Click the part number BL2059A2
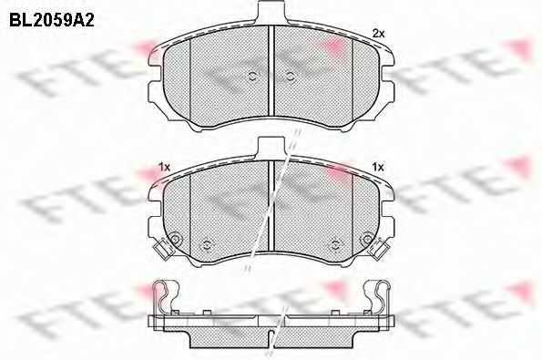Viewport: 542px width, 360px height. [52, 20]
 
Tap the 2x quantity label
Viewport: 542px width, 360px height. [378, 34]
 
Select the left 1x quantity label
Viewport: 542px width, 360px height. [164, 168]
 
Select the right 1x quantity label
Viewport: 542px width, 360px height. [378, 168]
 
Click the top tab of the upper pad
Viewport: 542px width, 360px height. [271, 12]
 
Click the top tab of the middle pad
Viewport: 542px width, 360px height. [271, 148]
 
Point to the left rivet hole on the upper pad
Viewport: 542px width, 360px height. [252, 77]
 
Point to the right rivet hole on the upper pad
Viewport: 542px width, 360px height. [290, 77]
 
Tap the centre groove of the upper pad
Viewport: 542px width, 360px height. [271, 72]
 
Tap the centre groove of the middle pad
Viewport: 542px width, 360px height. [271, 205]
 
